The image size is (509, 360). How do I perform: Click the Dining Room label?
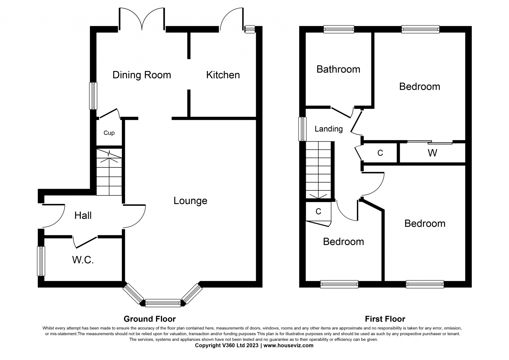click(142, 75)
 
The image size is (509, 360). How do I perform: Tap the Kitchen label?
click(223, 75)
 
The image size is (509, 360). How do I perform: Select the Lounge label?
click(191, 201)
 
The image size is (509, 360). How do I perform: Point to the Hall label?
click(83, 215)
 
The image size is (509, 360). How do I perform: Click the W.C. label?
click(83, 260)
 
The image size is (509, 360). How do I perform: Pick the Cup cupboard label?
click(109, 133)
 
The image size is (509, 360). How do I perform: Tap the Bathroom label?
click(338, 69)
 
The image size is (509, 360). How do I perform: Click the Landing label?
click(329, 129)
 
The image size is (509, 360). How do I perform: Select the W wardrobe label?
click(432, 153)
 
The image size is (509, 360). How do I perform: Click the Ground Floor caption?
click(150, 319)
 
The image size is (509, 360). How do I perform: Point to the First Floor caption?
click(385, 319)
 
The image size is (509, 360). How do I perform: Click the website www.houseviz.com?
click(288, 345)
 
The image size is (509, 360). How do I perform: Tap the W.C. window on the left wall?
click(41, 261)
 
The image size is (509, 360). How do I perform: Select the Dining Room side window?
click(93, 96)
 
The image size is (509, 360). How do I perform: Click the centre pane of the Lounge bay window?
click(163, 303)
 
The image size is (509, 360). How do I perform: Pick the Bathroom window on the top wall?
click(339, 29)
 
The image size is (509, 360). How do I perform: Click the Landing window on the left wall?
click(303, 129)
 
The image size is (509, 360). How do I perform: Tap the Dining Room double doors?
click(142, 19)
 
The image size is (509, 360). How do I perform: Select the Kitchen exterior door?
click(232, 19)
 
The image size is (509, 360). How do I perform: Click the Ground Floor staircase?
click(109, 172)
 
